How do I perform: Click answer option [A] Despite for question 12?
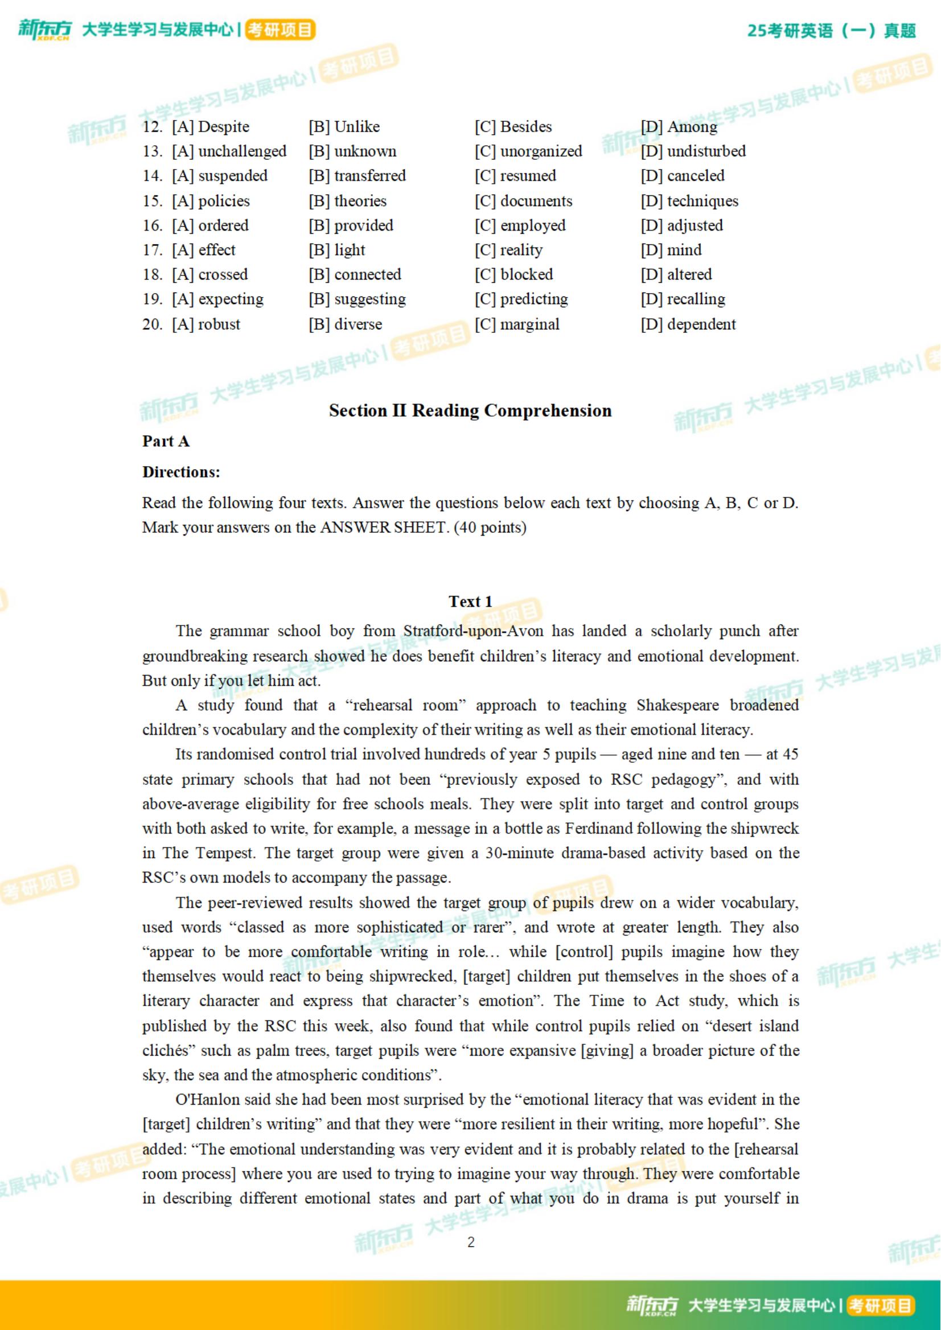tap(210, 127)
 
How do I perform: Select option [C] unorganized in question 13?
tap(528, 151)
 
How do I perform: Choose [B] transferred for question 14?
tap(357, 175)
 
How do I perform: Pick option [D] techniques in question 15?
tap(689, 201)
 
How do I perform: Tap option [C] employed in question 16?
tap(520, 225)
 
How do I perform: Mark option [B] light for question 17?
tap(336, 250)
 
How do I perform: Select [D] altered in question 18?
tap(676, 274)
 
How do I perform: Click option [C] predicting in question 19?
tap(521, 299)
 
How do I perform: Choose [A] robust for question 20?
tap(206, 324)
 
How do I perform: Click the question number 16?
tap(152, 225)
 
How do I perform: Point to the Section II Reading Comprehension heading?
tap(470, 411)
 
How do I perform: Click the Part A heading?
tap(166, 442)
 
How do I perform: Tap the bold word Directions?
tap(181, 472)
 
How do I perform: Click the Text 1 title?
tap(470, 602)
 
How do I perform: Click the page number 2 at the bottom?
tap(470, 1242)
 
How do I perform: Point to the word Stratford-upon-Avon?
tap(474, 631)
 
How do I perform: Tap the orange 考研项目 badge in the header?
tap(280, 30)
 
